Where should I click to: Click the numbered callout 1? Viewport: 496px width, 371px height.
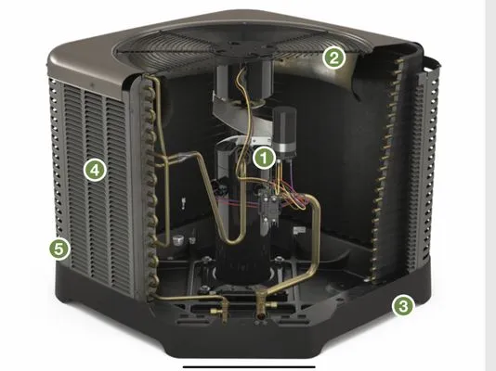coord(265,157)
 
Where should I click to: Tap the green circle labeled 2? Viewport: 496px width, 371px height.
coord(334,58)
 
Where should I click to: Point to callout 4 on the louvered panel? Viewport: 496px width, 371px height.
coord(92,170)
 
